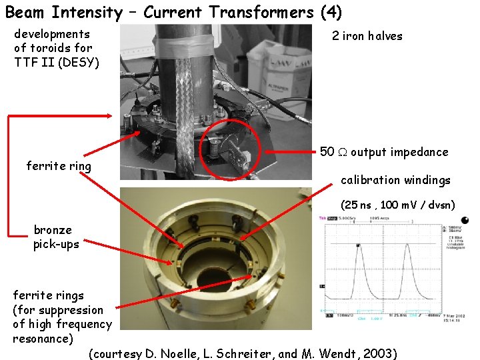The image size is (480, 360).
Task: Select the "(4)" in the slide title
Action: (331, 12)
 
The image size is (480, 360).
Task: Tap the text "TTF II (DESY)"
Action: (56, 63)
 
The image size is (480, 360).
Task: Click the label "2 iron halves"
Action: (367, 36)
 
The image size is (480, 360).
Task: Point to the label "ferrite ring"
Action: (59, 165)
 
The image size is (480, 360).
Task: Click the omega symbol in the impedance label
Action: (343, 152)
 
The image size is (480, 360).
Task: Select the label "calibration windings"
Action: (395, 180)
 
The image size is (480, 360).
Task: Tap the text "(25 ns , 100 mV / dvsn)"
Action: (397, 205)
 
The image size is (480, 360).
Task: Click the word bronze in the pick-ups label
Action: (53, 230)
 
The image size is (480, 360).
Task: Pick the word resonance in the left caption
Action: (43, 338)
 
